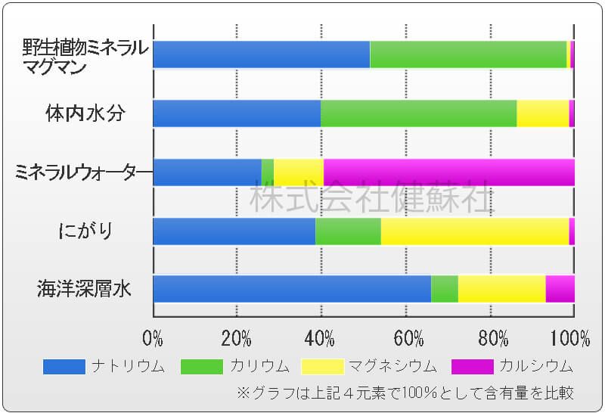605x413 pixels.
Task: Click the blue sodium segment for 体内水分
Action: tap(236, 113)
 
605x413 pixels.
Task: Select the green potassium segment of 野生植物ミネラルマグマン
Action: tap(468, 54)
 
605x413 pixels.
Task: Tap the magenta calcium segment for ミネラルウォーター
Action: tap(448, 172)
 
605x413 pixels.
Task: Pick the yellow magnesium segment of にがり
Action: tap(474, 231)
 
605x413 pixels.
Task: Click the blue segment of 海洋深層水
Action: tap(291, 289)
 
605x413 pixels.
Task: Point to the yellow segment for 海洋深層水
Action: tap(501, 289)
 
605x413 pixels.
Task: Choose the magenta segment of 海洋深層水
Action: tap(560, 289)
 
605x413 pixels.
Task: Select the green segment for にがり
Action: tap(348, 231)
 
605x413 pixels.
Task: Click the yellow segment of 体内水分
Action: tap(542, 113)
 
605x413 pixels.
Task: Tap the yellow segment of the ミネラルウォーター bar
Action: tap(298, 172)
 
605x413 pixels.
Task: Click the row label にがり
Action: tap(85, 230)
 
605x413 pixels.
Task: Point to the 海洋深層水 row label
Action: tap(84, 288)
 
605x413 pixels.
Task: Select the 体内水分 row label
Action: tap(85, 113)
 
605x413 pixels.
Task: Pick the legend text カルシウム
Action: tap(535, 367)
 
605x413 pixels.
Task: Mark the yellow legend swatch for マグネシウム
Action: tap(322, 367)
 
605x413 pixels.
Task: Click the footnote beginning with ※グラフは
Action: tap(405, 393)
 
